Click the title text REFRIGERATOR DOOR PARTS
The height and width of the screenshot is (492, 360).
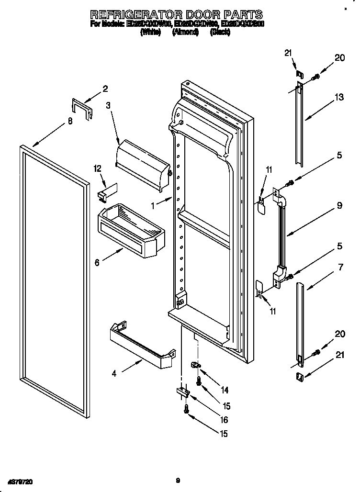click(176, 14)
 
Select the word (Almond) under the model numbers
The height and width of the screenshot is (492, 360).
click(185, 33)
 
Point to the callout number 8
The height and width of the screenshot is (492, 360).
click(70, 121)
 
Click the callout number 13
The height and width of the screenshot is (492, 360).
click(339, 98)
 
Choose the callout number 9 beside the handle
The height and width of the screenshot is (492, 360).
click(339, 206)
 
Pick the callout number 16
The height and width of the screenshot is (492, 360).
click(224, 420)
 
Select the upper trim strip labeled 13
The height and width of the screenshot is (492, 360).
click(299, 124)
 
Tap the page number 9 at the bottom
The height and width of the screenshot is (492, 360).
click(177, 480)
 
